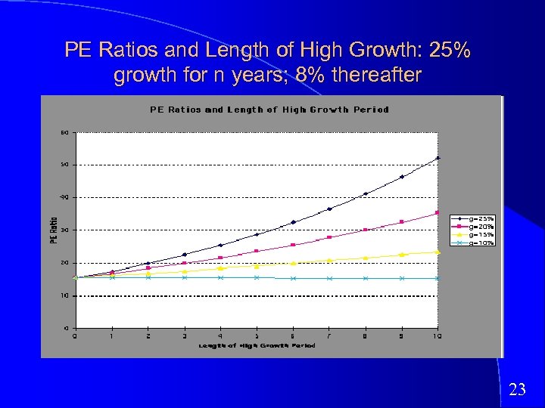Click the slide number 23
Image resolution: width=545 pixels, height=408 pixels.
click(x=517, y=389)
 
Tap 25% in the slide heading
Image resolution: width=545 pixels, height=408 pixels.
click(x=449, y=51)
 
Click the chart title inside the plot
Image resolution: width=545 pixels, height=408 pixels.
click(x=269, y=110)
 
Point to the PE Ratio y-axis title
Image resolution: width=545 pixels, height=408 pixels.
click(x=54, y=230)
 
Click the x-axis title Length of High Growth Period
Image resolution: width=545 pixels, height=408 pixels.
click(x=257, y=345)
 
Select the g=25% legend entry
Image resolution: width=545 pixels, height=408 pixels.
click(x=481, y=218)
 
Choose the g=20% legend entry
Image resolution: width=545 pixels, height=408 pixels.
click(x=481, y=226)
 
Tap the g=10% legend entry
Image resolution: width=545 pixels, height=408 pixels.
click(x=481, y=243)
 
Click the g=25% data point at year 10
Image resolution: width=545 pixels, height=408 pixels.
click(x=438, y=158)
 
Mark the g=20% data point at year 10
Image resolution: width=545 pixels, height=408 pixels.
click(x=438, y=212)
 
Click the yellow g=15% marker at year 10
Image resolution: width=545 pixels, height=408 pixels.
click(x=438, y=252)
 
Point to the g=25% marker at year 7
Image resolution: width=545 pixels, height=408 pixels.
click(x=329, y=209)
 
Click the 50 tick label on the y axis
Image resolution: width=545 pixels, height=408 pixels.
click(x=65, y=165)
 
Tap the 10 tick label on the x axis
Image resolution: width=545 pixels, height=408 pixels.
click(x=438, y=335)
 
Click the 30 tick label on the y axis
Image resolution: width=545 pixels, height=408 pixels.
click(x=65, y=230)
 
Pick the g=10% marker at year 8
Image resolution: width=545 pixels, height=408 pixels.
click(x=366, y=278)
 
